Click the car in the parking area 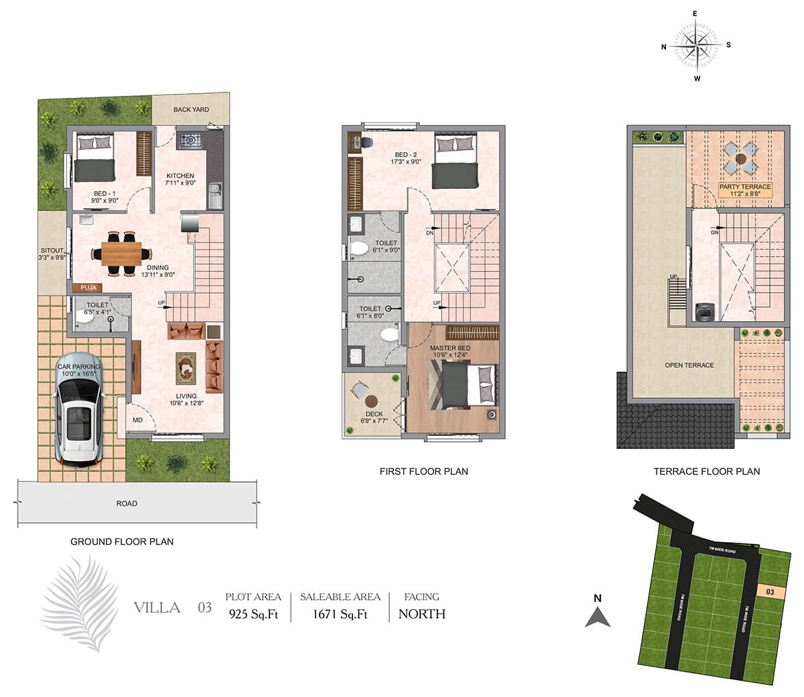coord(79,409)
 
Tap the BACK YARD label coord(191,110)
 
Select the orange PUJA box coord(88,288)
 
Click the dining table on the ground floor coord(121,254)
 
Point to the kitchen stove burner coord(190,139)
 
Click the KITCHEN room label coord(180,176)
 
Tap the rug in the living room coord(186,368)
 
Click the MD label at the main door coord(138,420)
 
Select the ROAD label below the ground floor coord(127,503)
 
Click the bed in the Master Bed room coord(464,385)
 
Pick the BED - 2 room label coord(406,155)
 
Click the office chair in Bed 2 coord(366,143)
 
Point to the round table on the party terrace coord(741,158)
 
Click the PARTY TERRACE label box coord(745,190)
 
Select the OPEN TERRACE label coord(689,365)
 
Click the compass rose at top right coord(696,46)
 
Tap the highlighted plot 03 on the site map coord(770,592)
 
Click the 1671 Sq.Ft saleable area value coord(340,614)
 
